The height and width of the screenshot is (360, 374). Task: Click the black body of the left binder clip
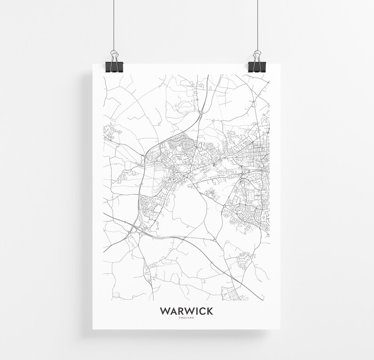pos(114,67)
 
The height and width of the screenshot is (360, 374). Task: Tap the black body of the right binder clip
pos(258,67)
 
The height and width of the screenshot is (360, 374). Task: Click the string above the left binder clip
pos(114,24)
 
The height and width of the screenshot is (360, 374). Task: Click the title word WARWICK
pos(186,311)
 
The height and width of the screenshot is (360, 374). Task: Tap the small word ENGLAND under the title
pos(186,318)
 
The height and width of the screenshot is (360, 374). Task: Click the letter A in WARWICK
pos(172,311)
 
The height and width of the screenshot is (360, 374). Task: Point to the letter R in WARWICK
pos(179,311)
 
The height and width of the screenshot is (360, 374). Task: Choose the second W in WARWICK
pos(188,311)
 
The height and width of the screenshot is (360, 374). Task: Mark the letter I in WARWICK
pos(195,311)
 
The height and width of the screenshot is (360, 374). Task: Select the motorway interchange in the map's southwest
pos(135,229)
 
